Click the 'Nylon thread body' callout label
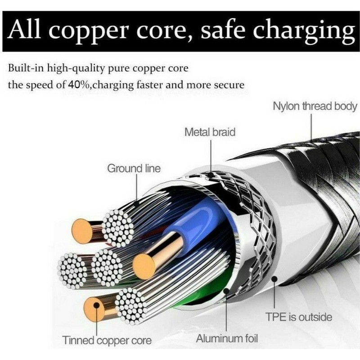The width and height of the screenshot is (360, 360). click(315, 107)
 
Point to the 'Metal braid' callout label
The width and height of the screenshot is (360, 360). click(210, 132)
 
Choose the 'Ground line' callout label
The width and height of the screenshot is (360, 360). click(134, 169)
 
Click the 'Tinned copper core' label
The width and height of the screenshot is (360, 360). click(107, 340)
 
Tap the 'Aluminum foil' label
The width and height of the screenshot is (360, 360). click(227, 338)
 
